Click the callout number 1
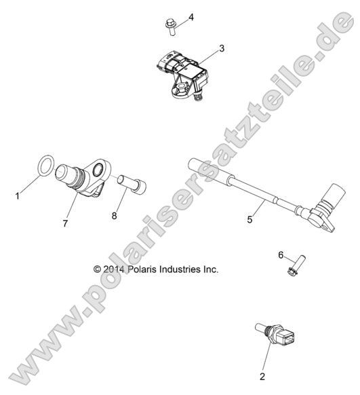point(18,195)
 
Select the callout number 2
point(262,377)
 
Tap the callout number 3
point(222,48)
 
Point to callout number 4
point(191,18)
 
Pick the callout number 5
point(249,219)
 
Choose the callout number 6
point(281,255)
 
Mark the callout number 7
point(65,223)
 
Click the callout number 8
point(114,216)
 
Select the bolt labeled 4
point(172,27)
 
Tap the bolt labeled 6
point(296,265)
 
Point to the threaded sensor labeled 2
point(274,334)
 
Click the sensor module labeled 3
point(182,75)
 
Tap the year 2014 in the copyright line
point(113,269)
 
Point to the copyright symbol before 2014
point(97,269)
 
